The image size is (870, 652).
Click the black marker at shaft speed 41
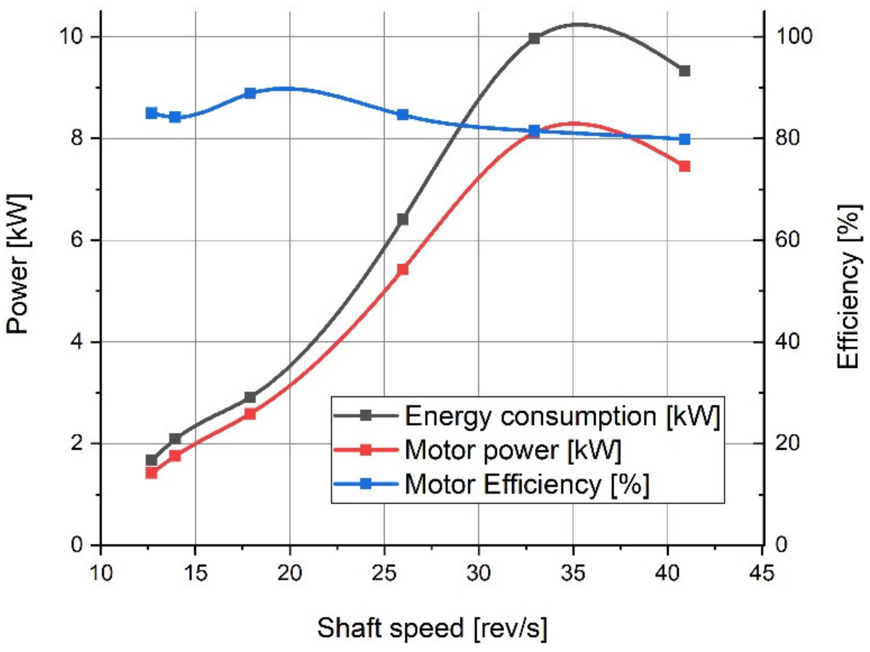[685, 71]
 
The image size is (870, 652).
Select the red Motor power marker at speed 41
[685, 167]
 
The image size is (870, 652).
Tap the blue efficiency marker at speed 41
[685, 139]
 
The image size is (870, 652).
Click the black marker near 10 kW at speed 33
[534, 39]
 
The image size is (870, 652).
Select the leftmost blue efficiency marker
[151, 113]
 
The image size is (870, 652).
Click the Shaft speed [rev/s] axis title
[432, 628]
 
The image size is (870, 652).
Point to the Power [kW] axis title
[18, 264]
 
